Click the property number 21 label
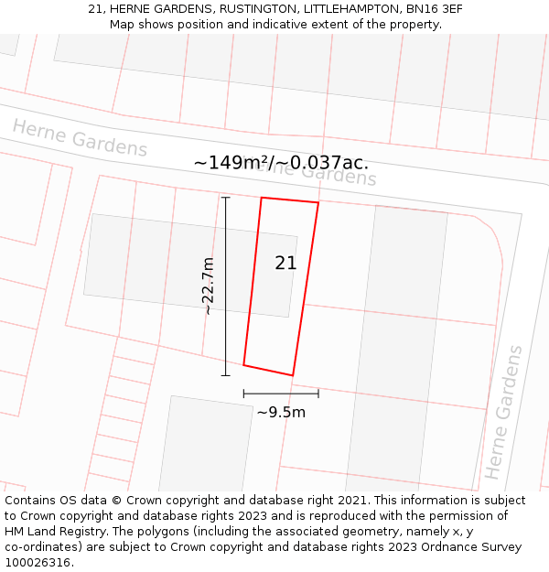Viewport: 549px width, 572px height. pyautogui.click(x=285, y=264)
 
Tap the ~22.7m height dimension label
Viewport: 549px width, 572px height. pyautogui.click(x=209, y=286)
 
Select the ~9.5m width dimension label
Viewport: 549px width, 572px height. pyautogui.click(x=281, y=413)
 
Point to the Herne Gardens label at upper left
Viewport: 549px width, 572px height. pyautogui.click(x=80, y=138)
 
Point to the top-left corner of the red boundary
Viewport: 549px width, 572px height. pyautogui.click(x=262, y=198)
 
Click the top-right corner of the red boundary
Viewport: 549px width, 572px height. pyautogui.click(x=318, y=202)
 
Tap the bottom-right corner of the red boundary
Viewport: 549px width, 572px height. pyautogui.click(x=292, y=375)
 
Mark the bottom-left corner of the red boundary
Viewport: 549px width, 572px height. pyautogui.click(x=243, y=365)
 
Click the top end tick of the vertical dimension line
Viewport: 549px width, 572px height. pyautogui.click(x=226, y=197)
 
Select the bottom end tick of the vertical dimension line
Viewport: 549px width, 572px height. pyautogui.click(x=226, y=375)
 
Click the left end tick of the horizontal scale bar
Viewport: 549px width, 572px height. pyautogui.click(x=244, y=394)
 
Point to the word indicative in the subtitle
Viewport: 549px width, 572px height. pyautogui.click(x=271, y=25)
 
